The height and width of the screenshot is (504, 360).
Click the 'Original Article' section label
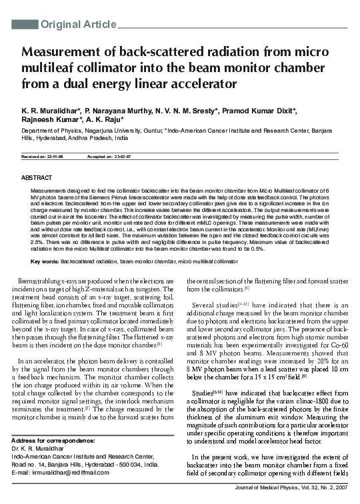click(79, 25)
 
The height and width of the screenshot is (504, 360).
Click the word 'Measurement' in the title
click(65, 53)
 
